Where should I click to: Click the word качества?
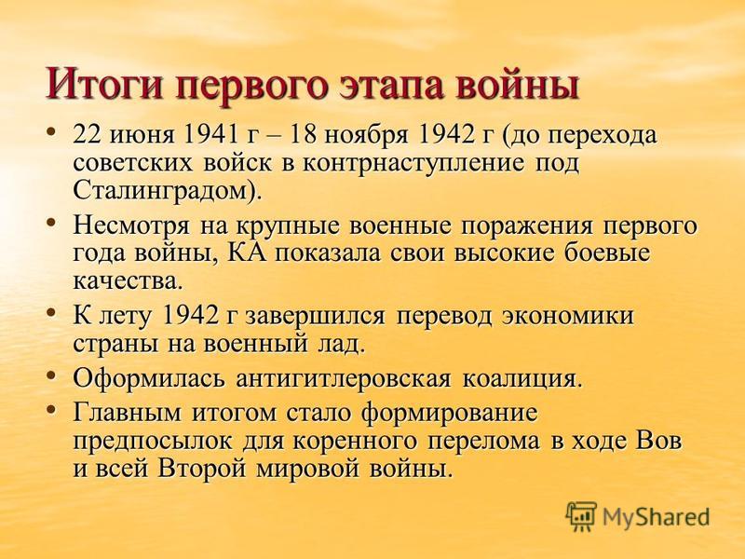tap(126, 281)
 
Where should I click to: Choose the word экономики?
tap(568, 317)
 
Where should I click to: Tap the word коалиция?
tap(520, 381)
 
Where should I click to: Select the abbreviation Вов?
tap(657, 441)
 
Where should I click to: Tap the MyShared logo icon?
tap(581, 516)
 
